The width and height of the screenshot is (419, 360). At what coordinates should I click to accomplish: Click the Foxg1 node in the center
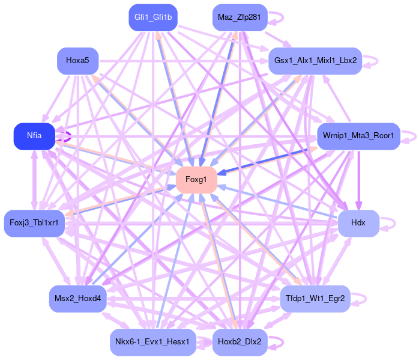[x=196, y=180]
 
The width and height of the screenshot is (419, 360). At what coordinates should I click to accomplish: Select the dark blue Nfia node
[x=34, y=136]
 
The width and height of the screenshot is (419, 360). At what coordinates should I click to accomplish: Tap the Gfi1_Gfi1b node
[x=153, y=17]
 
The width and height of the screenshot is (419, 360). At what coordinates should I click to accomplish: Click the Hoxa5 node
[x=77, y=61]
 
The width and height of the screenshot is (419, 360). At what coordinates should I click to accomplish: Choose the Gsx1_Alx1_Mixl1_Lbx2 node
[x=315, y=61]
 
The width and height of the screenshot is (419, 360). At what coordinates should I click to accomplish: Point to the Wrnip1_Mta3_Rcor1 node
[x=358, y=136]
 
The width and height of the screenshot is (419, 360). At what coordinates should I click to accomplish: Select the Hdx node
[x=358, y=223]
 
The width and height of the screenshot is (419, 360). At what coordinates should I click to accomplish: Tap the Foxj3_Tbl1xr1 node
[x=34, y=223]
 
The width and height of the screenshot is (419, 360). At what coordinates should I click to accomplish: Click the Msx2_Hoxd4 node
[x=77, y=298]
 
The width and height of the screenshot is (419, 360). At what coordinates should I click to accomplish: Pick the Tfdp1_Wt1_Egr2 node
[x=315, y=298]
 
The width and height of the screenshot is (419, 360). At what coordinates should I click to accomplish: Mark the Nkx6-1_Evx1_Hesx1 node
[x=153, y=342]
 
